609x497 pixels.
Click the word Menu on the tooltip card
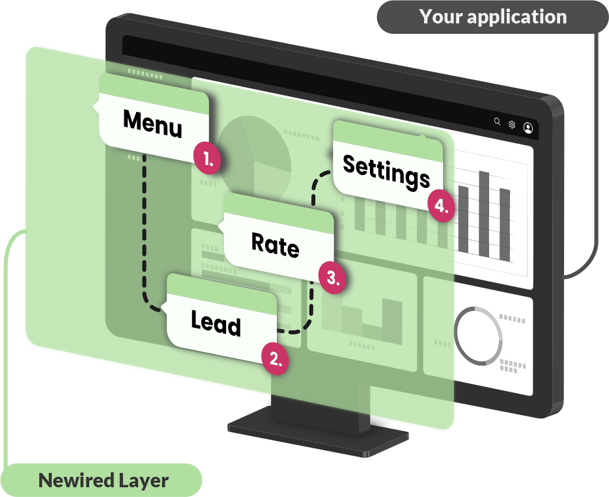pyautogui.click(x=152, y=124)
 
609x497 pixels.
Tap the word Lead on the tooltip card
pyautogui.click(x=216, y=323)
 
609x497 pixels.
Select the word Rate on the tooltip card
pyautogui.click(x=276, y=245)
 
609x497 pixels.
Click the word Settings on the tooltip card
pyautogui.click(x=387, y=172)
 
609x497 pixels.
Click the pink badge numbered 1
pyautogui.click(x=207, y=158)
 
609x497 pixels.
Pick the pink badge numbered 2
pyautogui.click(x=275, y=358)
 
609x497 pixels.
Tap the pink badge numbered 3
pyautogui.click(x=332, y=277)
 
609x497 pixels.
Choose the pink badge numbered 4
pyautogui.click(x=442, y=206)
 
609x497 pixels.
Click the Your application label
pyautogui.click(x=492, y=17)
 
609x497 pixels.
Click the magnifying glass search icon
pyautogui.click(x=497, y=122)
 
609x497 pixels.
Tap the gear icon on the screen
pyautogui.click(x=512, y=124)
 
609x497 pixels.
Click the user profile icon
pyautogui.click(x=528, y=128)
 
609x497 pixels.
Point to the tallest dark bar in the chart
pyautogui.click(x=484, y=214)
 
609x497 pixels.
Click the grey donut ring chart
pyautogui.click(x=479, y=336)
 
